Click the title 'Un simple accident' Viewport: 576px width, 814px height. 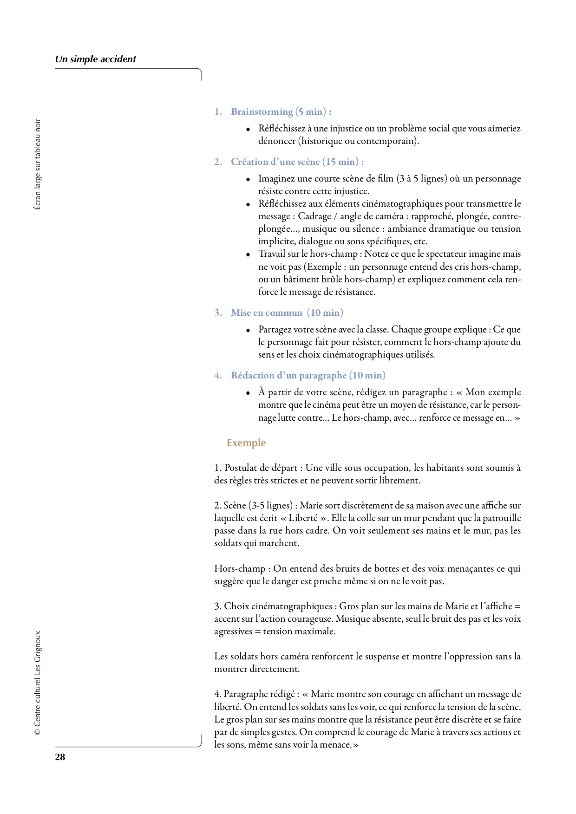pyautogui.click(x=95, y=59)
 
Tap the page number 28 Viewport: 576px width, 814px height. pyautogui.click(x=60, y=757)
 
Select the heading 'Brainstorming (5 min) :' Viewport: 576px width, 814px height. pyautogui.click(x=281, y=111)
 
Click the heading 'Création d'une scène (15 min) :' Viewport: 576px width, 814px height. pyautogui.click(x=297, y=162)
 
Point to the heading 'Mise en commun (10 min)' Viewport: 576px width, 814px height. pyautogui.click(x=287, y=313)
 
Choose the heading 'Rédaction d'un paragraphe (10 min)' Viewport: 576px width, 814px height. pyautogui.click(x=308, y=375)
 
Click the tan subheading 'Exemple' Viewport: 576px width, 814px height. pyautogui.click(x=246, y=443)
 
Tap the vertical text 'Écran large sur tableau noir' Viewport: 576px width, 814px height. pyautogui.click(x=38, y=164)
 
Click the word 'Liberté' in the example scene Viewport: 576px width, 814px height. pyautogui.click(x=304, y=518)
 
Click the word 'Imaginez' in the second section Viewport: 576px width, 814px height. pyautogui.click(x=277, y=179)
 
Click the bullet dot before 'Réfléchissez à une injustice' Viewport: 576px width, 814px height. pyautogui.click(x=249, y=129)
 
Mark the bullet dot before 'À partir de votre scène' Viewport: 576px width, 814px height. pyautogui.click(x=249, y=393)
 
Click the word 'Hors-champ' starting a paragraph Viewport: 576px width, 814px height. pyautogui.click(x=239, y=568)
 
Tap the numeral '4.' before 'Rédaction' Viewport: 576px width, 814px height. pyautogui.click(x=218, y=375)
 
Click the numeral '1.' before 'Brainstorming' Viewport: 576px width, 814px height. pyautogui.click(x=218, y=111)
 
